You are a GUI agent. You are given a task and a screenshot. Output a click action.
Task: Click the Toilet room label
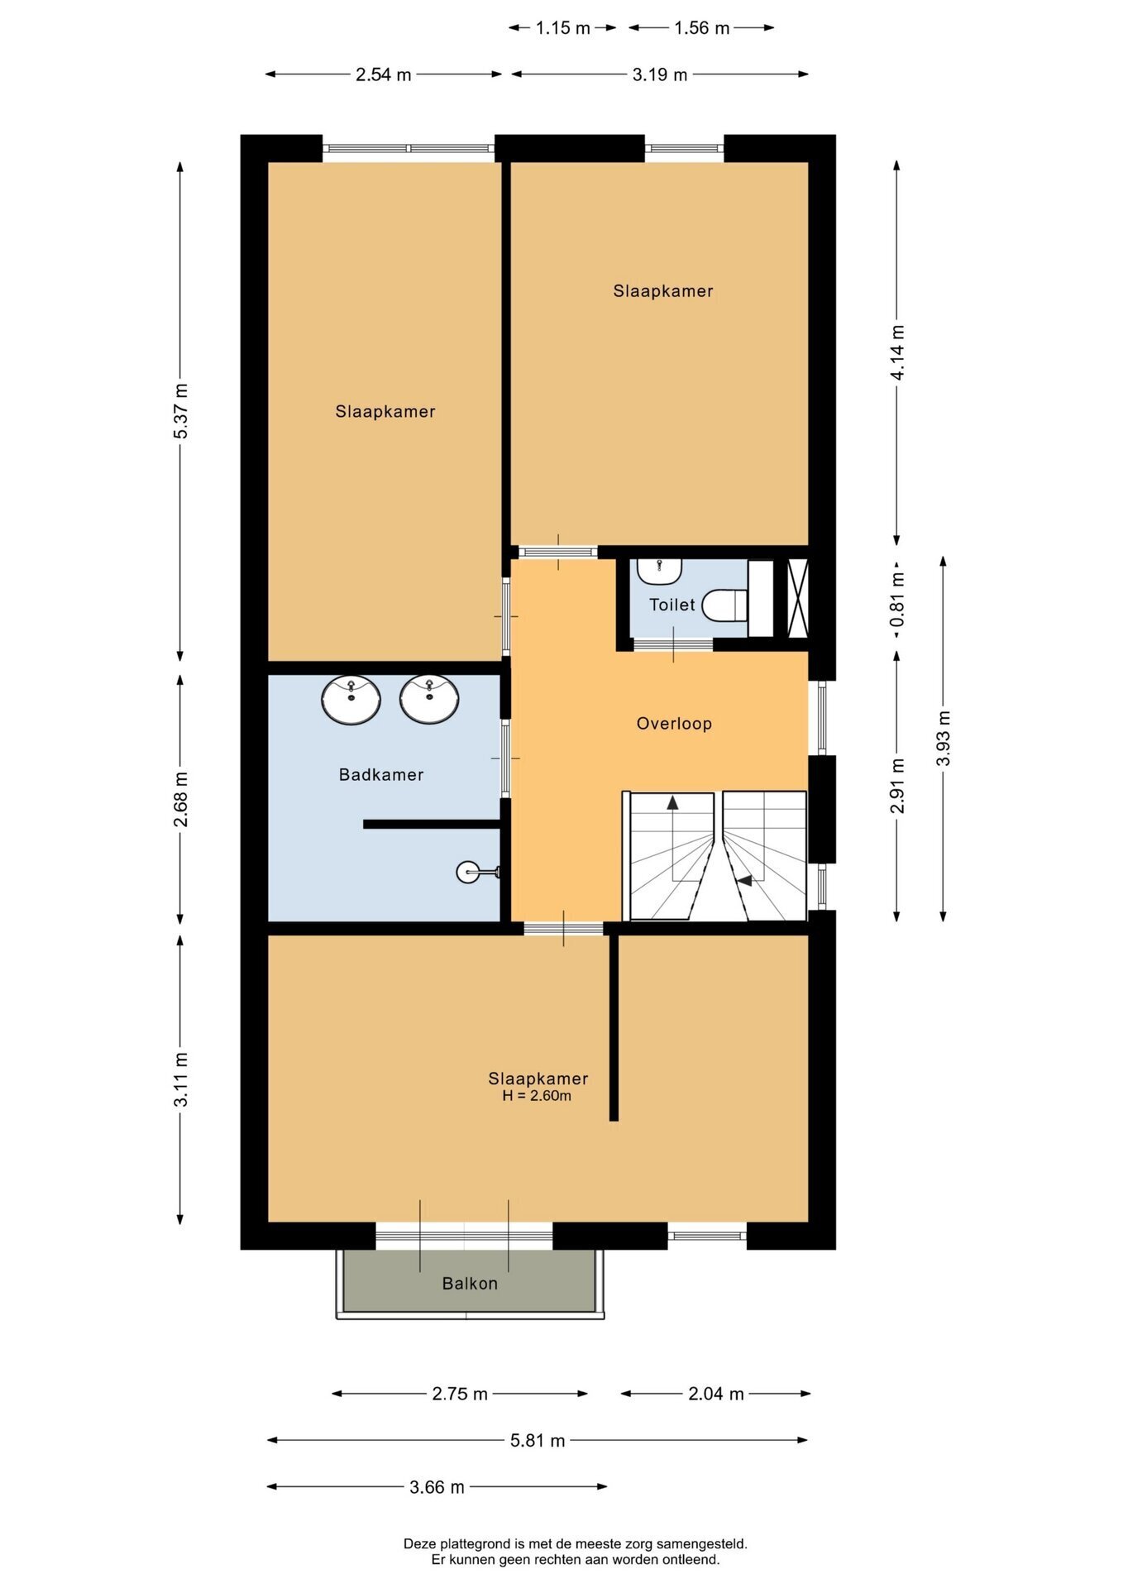[x=671, y=605]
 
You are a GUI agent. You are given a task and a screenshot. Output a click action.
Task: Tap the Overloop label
[x=674, y=724]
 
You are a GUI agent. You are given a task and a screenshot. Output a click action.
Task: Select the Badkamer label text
[x=381, y=775]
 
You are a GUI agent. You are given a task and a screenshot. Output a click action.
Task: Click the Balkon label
[x=470, y=1284]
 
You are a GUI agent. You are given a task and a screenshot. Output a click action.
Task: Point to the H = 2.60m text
[x=537, y=1096]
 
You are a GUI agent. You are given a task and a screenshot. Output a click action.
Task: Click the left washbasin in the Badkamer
[x=351, y=699]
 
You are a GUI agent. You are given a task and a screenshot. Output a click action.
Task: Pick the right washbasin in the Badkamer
[x=428, y=699]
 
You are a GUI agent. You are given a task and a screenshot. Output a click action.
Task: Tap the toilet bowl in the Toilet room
[x=725, y=605]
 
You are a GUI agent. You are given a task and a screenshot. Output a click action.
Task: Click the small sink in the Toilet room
[x=659, y=571]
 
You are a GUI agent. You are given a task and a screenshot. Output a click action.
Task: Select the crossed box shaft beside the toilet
[x=797, y=599]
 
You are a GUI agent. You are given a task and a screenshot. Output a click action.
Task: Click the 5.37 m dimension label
[x=181, y=411]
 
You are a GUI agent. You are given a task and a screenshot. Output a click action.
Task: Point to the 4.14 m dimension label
[x=897, y=352]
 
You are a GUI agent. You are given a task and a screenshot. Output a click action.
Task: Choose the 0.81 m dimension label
[x=897, y=600]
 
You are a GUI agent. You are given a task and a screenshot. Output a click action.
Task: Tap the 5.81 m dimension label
[x=538, y=1441]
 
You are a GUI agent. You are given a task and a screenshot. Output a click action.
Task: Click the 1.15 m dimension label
[x=563, y=28]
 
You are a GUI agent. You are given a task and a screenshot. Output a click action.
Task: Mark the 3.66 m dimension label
[x=437, y=1487]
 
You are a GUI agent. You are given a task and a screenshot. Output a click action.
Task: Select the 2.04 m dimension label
[x=716, y=1394]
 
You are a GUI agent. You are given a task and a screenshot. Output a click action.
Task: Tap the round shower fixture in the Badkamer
[x=468, y=871]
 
